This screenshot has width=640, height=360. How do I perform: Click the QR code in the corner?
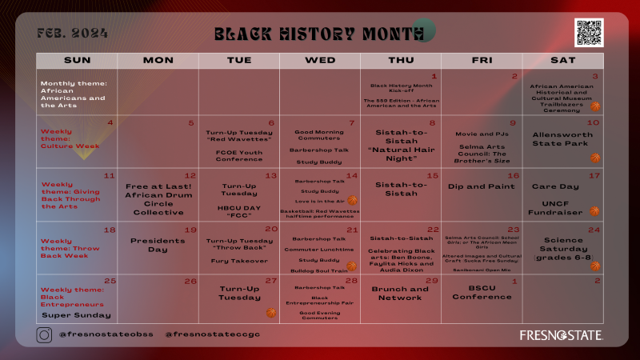[588, 32]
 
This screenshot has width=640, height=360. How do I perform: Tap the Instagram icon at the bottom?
[44, 335]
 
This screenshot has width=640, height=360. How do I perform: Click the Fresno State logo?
[561, 334]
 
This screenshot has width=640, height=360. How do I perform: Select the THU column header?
[401, 60]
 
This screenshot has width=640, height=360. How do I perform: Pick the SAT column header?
[563, 60]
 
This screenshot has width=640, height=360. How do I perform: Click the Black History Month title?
[318, 34]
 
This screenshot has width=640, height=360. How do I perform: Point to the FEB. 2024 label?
[72, 34]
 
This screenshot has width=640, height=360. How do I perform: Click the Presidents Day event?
[158, 245]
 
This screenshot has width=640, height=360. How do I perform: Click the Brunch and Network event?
[401, 293]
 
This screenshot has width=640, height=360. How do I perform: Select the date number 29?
[432, 281]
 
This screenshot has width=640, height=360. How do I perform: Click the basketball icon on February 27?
[270, 313]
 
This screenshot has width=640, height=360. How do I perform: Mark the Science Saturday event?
[563, 249]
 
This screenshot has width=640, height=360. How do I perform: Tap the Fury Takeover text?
[238, 260]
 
